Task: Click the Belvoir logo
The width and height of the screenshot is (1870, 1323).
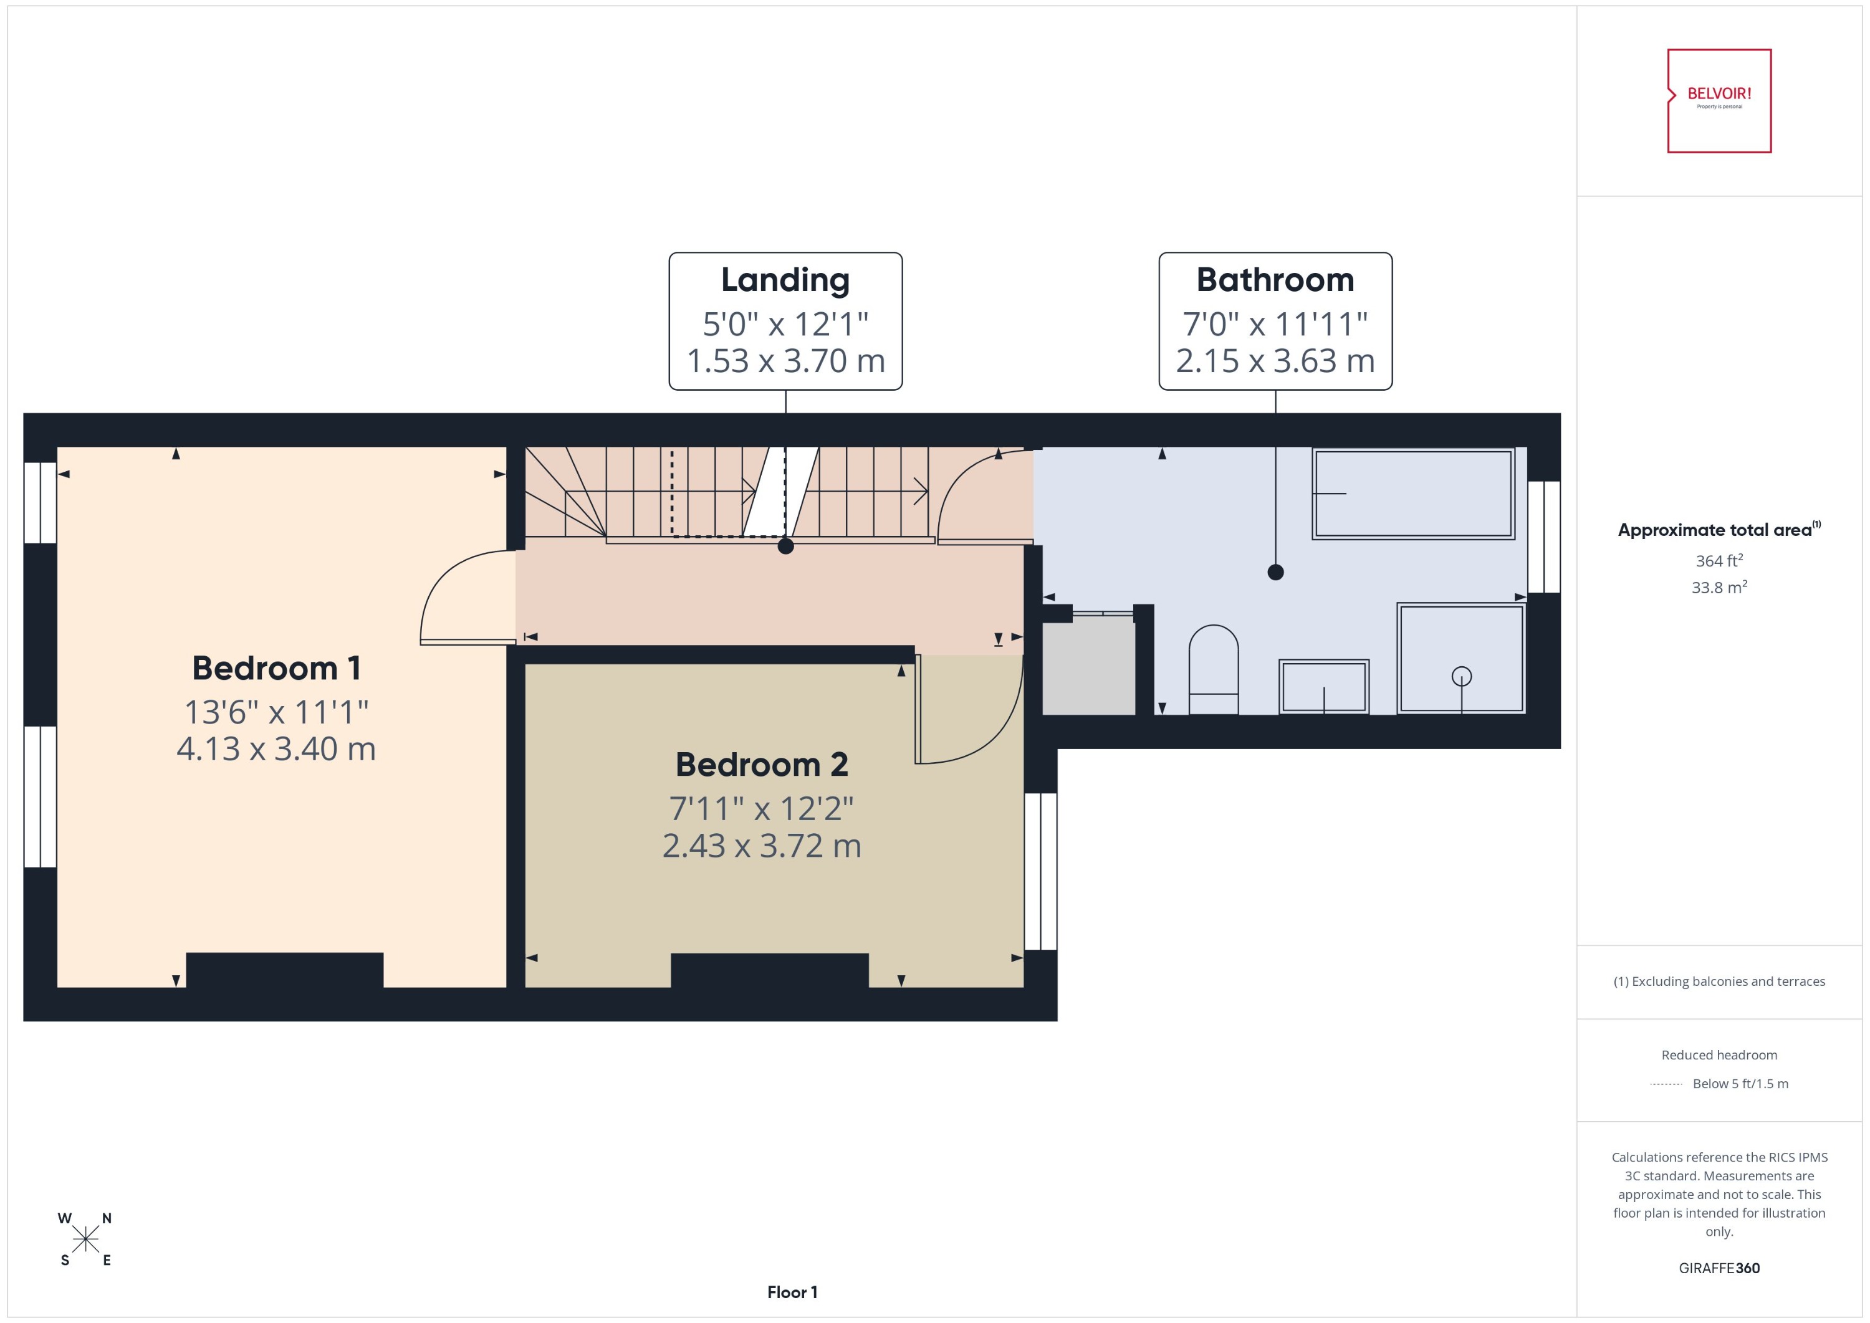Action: coord(1719,101)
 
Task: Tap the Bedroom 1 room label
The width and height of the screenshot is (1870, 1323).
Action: coord(276,669)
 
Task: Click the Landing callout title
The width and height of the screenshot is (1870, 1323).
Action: coord(785,280)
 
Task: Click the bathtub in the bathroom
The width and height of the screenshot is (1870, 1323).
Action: coord(1413,494)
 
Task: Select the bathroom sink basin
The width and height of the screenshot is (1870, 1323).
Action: coord(1323,687)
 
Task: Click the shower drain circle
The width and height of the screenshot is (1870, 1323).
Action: coord(1461,676)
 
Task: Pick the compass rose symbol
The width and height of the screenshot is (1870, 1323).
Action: coord(85,1239)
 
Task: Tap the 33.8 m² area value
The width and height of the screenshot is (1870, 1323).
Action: coord(1719,588)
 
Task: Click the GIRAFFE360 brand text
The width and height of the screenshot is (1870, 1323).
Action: coord(1719,1268)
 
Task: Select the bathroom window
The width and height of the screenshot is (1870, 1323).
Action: coord(1543,536)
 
